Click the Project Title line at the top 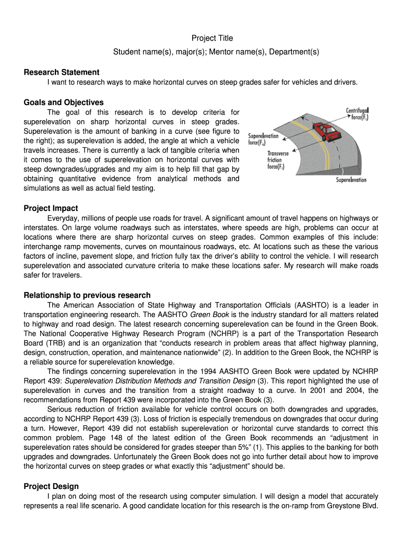(212, 38)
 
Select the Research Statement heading (62, 72)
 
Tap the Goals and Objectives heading (64, 102)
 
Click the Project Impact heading (51, 208)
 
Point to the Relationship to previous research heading (87, 295)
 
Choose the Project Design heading (51, 486)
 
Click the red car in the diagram (323, 129)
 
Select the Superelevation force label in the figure (263, 139)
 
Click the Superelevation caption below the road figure (351, 180)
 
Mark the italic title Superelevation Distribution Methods (126, 381)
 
